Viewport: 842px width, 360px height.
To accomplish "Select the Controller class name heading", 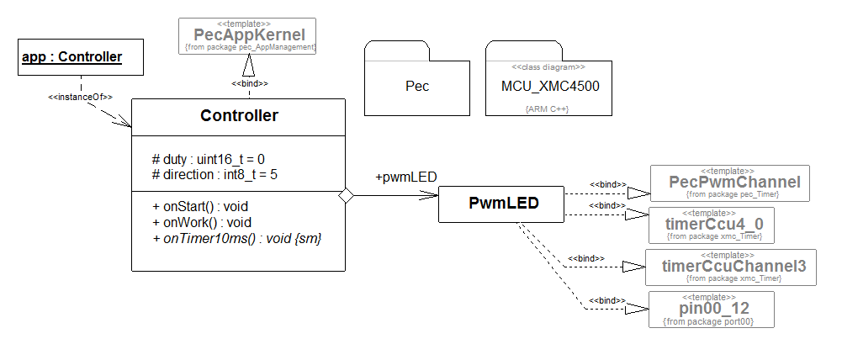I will tap(239, 115).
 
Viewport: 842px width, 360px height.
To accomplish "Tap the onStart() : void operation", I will tap(199, 206).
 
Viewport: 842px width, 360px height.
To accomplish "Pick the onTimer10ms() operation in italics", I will tap(236, 239).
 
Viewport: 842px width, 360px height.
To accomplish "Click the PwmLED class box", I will tap(504, 203).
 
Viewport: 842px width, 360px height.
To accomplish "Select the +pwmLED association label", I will tap(405, 177).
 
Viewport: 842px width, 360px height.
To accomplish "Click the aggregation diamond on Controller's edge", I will tap(345, 195).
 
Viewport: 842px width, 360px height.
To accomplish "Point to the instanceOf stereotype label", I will tap(81, 97).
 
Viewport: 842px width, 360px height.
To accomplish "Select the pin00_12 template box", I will tap(712, 310).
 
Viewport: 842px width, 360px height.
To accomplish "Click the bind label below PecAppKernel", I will tap(250, 84).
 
